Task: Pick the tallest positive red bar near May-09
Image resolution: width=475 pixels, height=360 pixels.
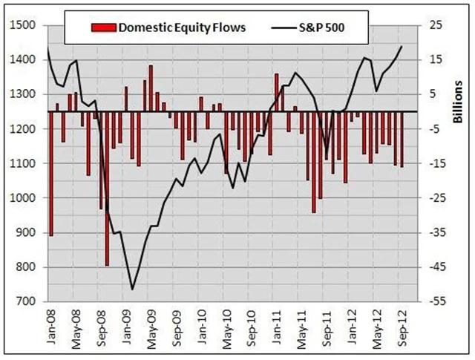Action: tap(151, 88)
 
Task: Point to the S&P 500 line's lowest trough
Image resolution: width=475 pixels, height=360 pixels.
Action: tap(132, 289)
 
